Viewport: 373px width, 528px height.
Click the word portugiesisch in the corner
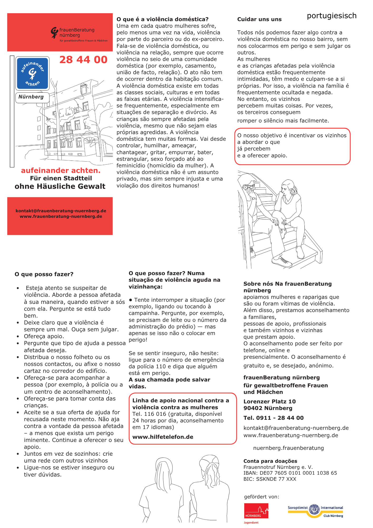[332, 16]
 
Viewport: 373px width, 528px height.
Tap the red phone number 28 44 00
[83, 60]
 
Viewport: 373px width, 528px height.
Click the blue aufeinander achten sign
[32, 74]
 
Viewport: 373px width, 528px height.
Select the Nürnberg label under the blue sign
[31, 97]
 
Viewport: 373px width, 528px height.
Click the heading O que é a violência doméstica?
[162, 19]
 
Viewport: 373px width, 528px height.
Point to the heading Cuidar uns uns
[259, 19]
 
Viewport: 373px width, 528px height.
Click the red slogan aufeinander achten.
[61, 171]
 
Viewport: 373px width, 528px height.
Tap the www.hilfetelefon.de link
[163, 437]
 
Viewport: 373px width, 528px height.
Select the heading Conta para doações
[270, 461]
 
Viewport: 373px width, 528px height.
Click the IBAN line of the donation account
[290, 473]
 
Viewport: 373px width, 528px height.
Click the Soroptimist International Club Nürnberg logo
[315, 511]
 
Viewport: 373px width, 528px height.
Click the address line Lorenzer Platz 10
[269, 402]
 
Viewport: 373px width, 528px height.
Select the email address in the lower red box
[61, 211]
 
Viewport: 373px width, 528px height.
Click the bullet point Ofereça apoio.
[44, 336]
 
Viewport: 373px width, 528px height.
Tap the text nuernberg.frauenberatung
[288, 448]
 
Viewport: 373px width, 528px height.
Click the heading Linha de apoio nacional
[180, 404]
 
